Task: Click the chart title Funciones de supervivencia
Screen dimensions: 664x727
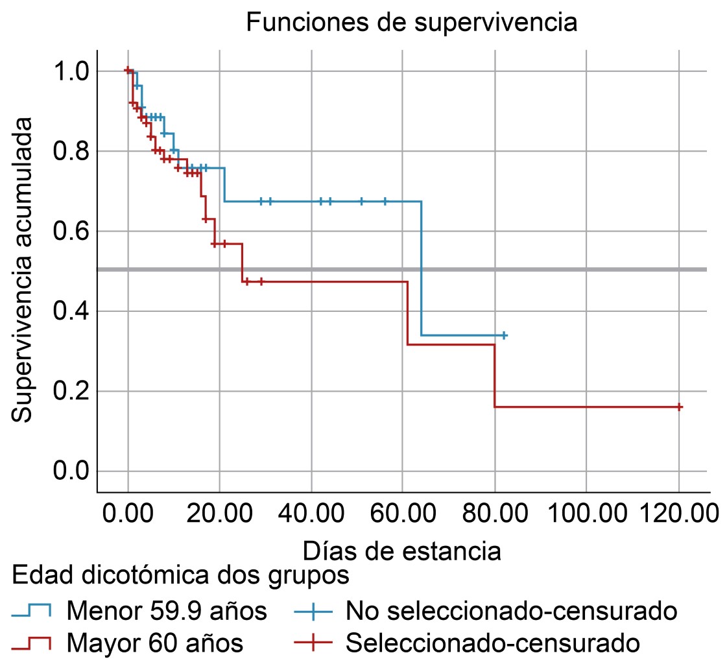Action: coord(411,23)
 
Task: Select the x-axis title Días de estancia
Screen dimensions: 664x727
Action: coord(401,551)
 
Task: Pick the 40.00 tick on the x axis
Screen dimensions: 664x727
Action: coord(311,517)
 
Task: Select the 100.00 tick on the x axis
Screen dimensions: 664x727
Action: coord(586,517)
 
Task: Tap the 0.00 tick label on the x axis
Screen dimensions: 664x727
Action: coord(128,517)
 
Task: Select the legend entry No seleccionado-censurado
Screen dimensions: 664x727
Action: coord(512,610)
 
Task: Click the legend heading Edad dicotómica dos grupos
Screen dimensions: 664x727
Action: coord(181,575)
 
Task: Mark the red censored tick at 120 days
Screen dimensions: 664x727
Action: coord(679,407)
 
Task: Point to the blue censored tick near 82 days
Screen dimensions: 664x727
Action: coord(504,335)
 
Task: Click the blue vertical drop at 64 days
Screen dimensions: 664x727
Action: coord(422,268)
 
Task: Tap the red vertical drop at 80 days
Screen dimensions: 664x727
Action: coord(495,375)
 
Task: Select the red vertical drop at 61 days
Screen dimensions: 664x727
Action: coord(407,313)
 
